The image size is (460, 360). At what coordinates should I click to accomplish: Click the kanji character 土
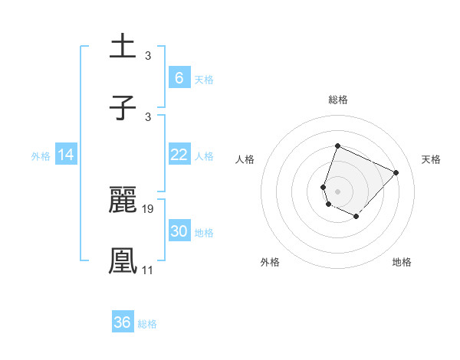point(123,47)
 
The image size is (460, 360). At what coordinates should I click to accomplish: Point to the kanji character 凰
point(123,261)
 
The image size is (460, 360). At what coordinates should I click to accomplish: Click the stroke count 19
point(149,208)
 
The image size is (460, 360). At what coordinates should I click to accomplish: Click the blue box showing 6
point(179,78)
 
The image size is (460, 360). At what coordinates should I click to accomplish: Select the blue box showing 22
point(179,155)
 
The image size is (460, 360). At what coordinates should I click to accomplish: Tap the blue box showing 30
point(179,231)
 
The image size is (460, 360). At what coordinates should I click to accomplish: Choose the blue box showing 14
point(66,155)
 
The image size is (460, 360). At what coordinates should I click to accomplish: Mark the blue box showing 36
point(123,322)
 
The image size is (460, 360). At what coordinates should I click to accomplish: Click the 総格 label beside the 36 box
point(147,324)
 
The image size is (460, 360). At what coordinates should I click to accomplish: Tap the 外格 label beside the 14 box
point(41,155)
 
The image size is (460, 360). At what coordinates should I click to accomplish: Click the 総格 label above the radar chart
point(337,100)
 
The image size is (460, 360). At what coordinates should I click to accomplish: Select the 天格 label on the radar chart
point(431,160)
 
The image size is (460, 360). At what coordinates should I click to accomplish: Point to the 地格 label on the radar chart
point(402,263)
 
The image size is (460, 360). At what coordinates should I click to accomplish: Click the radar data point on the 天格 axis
point(396,172)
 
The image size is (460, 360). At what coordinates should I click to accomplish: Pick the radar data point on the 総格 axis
point(337,146)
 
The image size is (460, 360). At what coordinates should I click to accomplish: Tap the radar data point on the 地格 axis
point(356,217)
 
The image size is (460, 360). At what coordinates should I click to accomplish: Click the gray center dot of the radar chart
point(337,191)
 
